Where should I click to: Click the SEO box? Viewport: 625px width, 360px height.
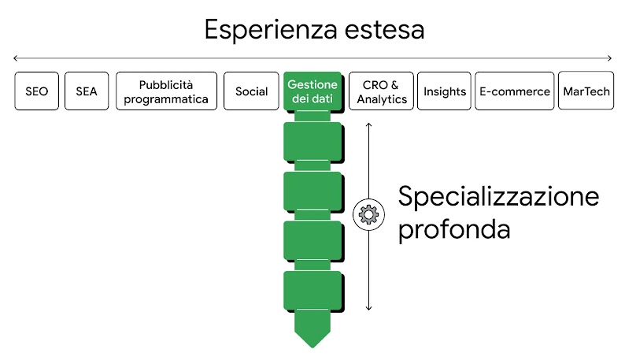pos(36,91)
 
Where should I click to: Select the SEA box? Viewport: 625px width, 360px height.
pos(87,91)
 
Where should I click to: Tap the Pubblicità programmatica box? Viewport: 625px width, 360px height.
pos(166,91)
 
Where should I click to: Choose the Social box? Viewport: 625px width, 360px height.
pos(251,91)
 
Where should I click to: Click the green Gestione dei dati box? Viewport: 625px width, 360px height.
pos(312,91)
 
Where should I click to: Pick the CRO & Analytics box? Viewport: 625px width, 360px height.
pos(382,91)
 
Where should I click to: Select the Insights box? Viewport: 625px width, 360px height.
pos(445,91)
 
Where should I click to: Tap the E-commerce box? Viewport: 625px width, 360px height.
pos(515,91)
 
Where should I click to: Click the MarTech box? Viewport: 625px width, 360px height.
pos(586,91)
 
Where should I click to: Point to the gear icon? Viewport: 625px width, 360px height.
pos(368,213)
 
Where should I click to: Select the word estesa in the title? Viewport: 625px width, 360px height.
pos(385,30)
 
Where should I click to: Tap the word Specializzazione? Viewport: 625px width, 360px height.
pos(498,196)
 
